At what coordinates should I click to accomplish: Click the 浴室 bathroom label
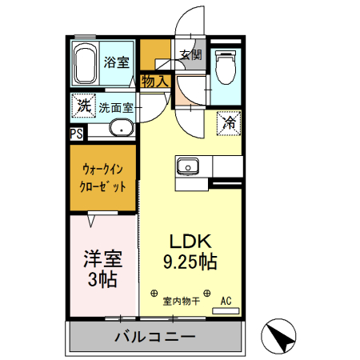117,63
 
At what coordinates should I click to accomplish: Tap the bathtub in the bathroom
85,64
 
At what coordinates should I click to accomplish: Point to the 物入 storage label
154,80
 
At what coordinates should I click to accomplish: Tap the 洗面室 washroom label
117,106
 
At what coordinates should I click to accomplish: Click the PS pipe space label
77,134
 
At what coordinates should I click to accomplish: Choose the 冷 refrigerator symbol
229,123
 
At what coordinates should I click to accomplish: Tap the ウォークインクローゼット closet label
103,178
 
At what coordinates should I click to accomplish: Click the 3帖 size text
102,280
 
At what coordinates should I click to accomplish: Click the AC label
226,301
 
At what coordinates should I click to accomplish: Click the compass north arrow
280,336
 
